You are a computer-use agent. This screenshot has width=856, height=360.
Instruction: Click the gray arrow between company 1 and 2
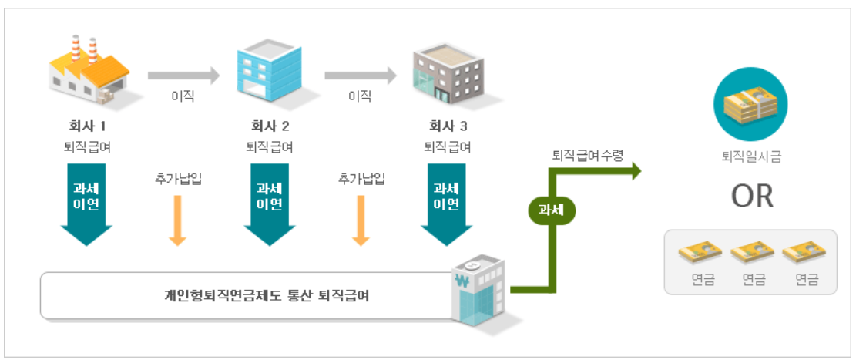(183, 76)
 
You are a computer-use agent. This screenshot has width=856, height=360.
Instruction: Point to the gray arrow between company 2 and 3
(360, 76)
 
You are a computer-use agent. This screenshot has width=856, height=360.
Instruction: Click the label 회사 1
(87, 126)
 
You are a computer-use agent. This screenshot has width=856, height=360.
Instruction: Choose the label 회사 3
(448, 126)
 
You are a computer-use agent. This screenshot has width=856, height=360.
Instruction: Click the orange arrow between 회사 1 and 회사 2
(178, 220)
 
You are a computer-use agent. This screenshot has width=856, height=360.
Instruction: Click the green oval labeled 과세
(552, 208)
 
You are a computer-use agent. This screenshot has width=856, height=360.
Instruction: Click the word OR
(752, 196)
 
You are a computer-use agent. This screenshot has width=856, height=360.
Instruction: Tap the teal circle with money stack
(751, 105)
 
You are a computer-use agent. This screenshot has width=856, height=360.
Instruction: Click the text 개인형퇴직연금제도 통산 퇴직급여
(267, 295)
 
